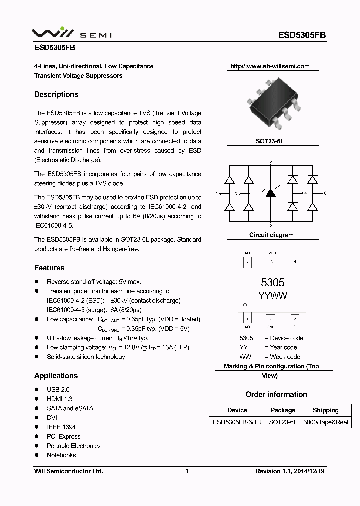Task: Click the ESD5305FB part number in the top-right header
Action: [302, 35]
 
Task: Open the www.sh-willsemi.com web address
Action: [270, 66]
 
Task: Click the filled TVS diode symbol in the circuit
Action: [270, 193]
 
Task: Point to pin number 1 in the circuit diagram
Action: [216, 193]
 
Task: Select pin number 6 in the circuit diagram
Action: [325, 193]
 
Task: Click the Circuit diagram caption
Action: [271, 235]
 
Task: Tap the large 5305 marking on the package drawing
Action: [272, 283]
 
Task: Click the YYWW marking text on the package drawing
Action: [272, 296]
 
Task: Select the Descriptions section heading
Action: [56, 94]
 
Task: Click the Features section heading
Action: [49, 268]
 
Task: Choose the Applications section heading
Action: [56, 376]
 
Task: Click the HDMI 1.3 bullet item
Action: [59, 399]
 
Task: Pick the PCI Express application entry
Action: [63, 436]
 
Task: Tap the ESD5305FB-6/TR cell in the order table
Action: [237, 422]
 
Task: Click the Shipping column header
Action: [325, 410]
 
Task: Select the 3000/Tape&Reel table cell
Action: [325, 422]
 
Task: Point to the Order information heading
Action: [276, 394]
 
